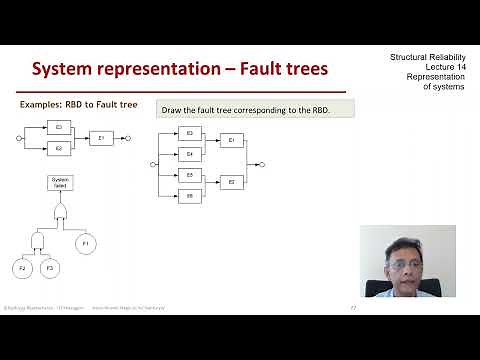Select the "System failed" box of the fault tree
pos(59,182)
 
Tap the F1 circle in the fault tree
pos(86,242)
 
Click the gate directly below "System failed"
pos(59,212)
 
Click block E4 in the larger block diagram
pos(189,154)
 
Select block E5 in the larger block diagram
pos(189,175)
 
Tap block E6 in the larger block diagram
pos(189,196)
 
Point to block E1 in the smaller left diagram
pos(102,138)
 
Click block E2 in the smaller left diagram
pos(59,148)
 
